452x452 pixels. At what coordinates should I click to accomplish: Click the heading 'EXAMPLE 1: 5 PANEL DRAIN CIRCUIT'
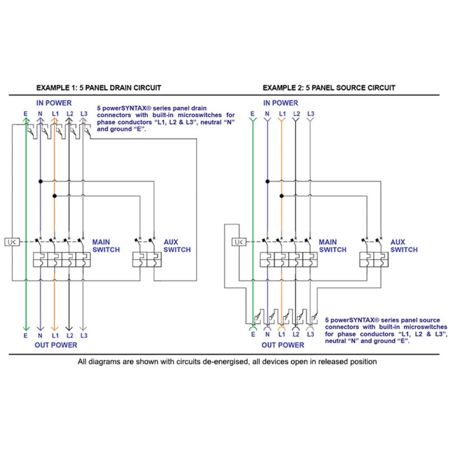[98, 88]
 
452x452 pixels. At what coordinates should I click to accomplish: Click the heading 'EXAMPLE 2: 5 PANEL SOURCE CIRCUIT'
[329, 88]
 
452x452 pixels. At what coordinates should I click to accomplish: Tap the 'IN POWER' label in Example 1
[54, 103]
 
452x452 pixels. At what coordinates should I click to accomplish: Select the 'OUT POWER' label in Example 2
[282, 345]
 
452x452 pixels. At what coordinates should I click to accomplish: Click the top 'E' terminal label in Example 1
[25, 114]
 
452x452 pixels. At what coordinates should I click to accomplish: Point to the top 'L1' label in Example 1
[55, 114]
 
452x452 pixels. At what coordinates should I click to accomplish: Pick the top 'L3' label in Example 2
[311, 114]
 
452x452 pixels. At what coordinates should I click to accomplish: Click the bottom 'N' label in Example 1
[40, 336]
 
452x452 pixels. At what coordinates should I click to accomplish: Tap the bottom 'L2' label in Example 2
[296, 335]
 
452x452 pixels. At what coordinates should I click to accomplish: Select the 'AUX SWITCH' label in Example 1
[176, 246]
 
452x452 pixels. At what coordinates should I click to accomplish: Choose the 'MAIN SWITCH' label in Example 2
[332, 246]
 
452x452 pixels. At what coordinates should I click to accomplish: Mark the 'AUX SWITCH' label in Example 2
[404, 246]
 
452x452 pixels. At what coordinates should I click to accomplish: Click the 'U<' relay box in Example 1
[12, 242]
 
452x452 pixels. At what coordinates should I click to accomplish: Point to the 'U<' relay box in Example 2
[238, 242]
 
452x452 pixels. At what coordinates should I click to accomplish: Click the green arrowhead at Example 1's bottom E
[25, 327]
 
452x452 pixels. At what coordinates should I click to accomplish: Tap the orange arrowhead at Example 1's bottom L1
[55, 327]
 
